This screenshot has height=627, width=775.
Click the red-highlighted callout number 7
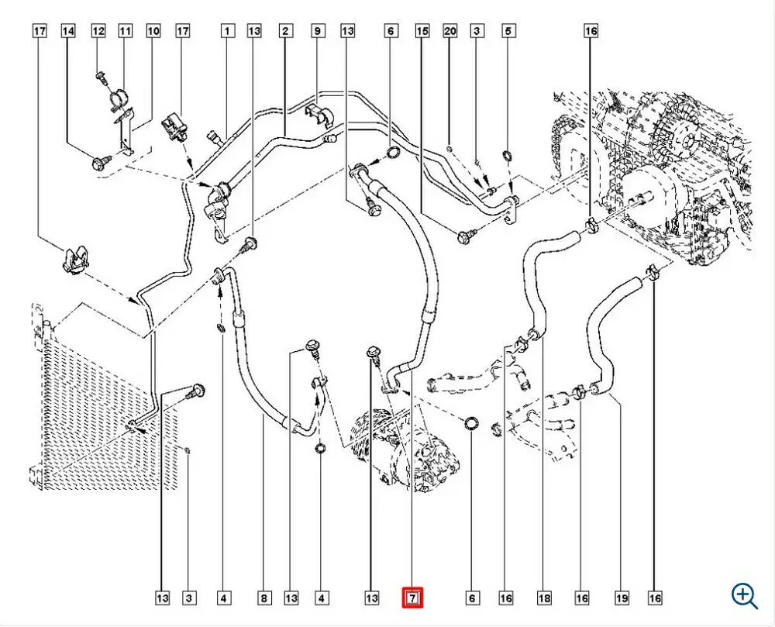click(413, 598)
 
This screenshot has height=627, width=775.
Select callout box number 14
click(68, 31)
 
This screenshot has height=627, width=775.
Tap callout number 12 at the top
click(98, 31)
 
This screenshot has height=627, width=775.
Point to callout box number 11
click(125, 31)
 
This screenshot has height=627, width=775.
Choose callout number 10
click(153, 31)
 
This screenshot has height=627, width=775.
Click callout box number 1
click(227, 31)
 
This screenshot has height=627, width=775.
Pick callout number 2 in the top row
click(285, 31)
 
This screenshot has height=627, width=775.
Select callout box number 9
click(317, 31)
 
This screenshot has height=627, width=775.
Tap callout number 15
click(422, 31)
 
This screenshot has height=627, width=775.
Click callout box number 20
click(449, 31)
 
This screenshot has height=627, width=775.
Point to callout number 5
click(508, 31)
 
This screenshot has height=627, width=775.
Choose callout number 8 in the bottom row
click(264, 598)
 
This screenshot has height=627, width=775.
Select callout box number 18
click(544, 598)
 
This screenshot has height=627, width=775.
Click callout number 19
click(622, 598)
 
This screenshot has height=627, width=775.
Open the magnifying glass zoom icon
click(744, 596)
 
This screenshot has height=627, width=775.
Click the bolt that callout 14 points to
click(101, 161)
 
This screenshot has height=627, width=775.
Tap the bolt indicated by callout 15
click(466, 236)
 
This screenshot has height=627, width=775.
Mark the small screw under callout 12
click(102, 77)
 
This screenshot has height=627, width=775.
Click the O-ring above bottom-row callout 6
click(471, 423)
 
